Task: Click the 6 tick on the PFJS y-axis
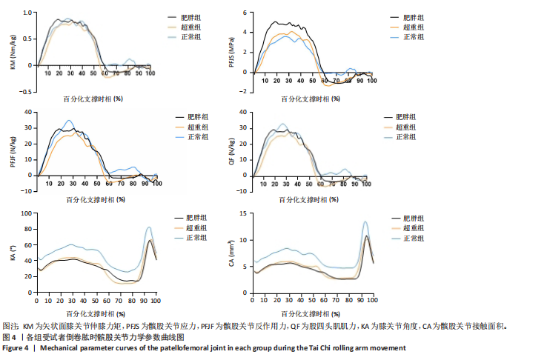242,13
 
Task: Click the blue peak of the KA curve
150,227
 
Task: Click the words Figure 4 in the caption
18,347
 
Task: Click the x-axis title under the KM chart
94,96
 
